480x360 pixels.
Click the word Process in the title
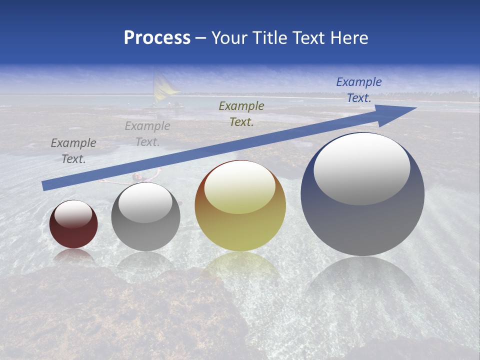click(x=157, y=38)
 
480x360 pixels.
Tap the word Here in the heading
click(x=349, y=38)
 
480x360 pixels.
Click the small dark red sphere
click(x=73, y=232)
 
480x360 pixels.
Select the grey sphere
click(x=145, y=235)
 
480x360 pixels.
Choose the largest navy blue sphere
click(x=362, y=220)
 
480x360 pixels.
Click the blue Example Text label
click(x=358, y=90)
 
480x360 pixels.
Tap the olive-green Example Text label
click(x=241, y=113)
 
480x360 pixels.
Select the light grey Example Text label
click(x=147, y=134)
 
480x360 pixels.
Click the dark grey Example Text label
click(x=73, y=150)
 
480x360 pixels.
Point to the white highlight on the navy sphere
click(x=361, y=169)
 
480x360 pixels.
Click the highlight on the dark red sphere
click(x=73, y=214)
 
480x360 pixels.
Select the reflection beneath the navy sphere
click(x=362, y=285)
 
